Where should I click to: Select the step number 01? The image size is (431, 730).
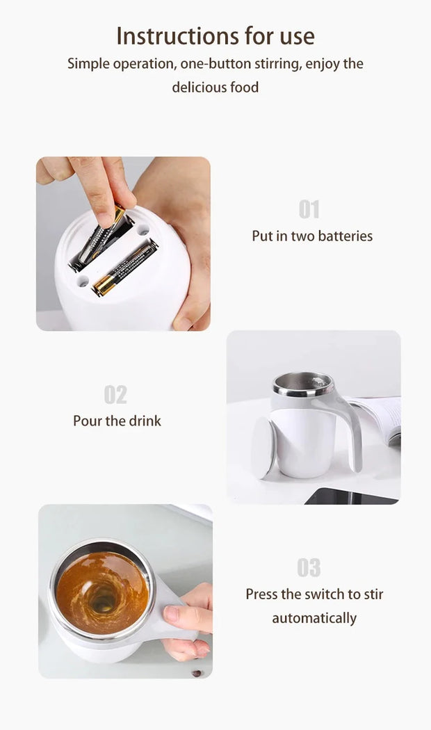309,209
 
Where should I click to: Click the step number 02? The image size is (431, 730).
115,395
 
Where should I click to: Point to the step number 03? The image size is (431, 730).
309,567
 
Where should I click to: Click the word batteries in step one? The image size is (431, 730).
345,236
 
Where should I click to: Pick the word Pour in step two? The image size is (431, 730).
88,421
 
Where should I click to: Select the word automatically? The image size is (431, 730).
314,618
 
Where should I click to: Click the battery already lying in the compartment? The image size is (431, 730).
125,267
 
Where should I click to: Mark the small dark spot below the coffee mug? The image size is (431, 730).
197,673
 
